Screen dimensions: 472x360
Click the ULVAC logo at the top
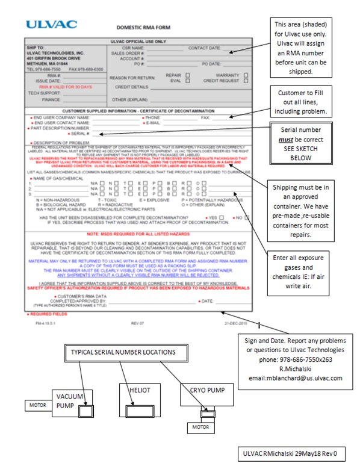tap(52, 25)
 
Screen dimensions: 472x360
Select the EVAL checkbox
tap(188, 80)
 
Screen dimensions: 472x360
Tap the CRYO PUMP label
tap(203, 390)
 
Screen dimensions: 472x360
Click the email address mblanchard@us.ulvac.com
tap(303, 378)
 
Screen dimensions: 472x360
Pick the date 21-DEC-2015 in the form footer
tap(235, 323)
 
